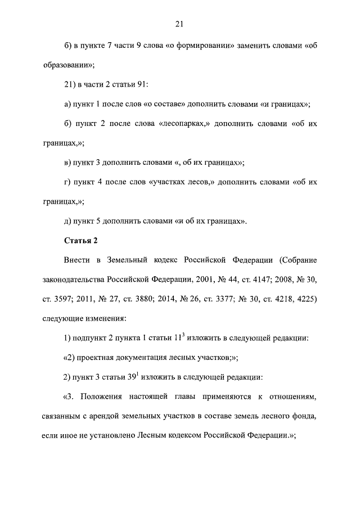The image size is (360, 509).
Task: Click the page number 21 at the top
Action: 179,24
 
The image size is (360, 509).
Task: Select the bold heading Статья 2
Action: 81,240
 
